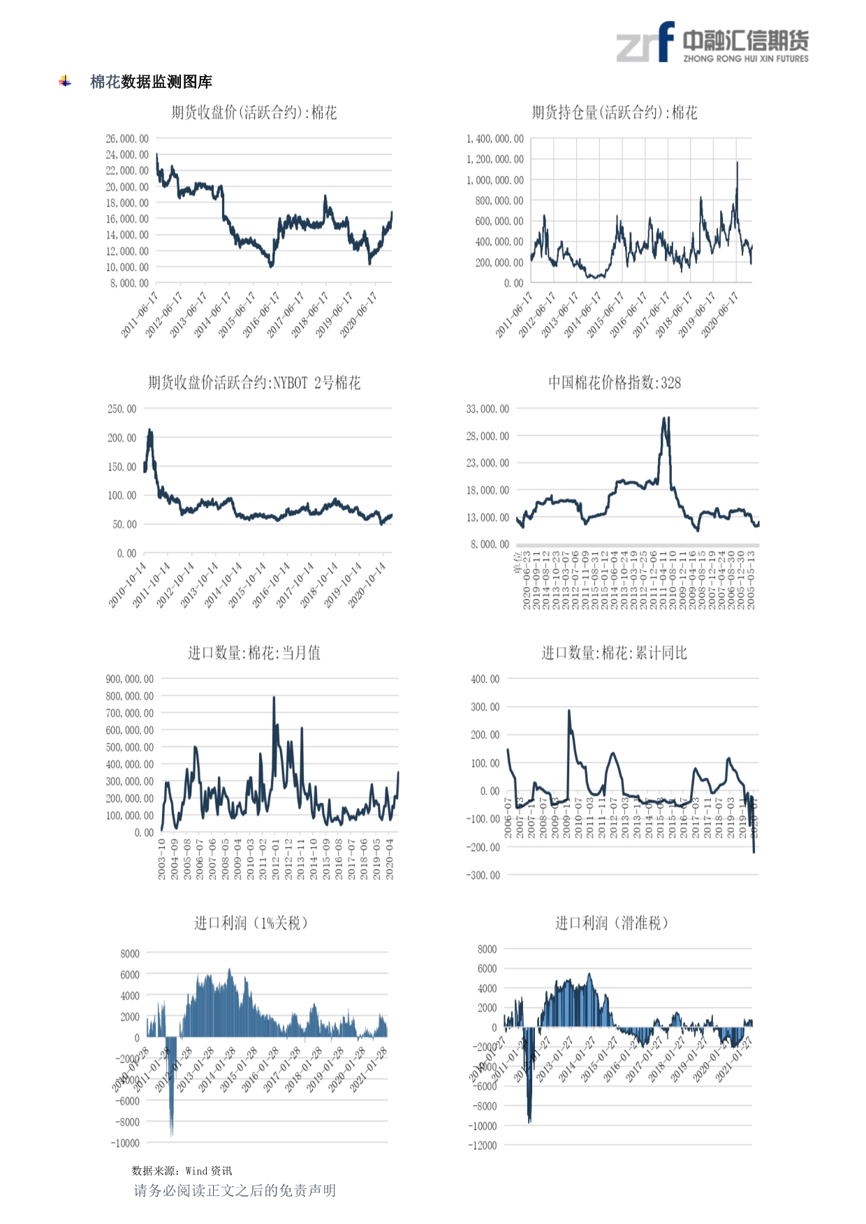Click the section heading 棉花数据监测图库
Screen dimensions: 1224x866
[x=151, y=82]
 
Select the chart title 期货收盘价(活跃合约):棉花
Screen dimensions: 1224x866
[x=254, y=112]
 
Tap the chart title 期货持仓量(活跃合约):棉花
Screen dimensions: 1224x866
[x=614, y=112]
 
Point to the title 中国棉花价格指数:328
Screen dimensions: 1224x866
[x=614, y=383]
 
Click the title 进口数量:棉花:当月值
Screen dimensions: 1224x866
[x=254, y=653]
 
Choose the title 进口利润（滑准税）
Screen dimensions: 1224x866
[x=612, y=923]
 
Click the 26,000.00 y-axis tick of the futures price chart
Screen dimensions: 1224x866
[x=127, y=139]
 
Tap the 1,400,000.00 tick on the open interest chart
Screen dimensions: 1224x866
[x=494, y=139]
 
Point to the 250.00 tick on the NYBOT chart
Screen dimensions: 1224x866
[x=122, y=409]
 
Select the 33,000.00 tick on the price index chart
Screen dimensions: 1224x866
[x=487, y=409]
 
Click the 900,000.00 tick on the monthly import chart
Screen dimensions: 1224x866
[x=130, y=679]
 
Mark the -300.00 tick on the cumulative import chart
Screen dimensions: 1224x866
[x=484, y=876]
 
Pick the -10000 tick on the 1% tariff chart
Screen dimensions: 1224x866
[x=125, y=1144]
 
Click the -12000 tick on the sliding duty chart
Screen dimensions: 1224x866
[x=483, y=1146]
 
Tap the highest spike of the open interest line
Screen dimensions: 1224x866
[x=737, y=163]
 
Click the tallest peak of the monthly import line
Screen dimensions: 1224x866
[x=274, y=698]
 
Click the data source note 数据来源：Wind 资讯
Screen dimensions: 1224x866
[x=182, y=1171]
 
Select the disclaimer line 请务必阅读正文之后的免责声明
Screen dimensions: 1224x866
[x=235, y=1191]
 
